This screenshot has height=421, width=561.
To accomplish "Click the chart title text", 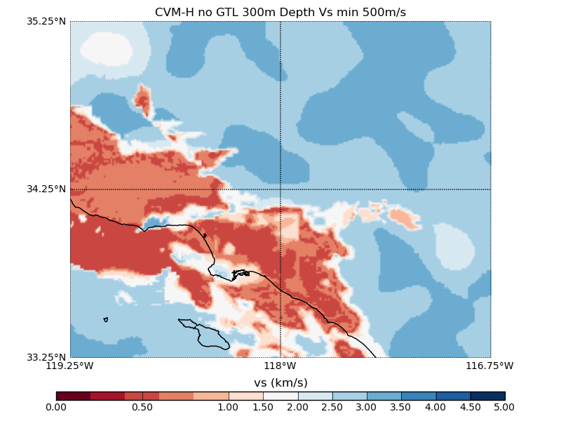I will click(x=280, y=13).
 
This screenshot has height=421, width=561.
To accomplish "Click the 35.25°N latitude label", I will click(x=47, y=21).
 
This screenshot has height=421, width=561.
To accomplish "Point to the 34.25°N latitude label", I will click(x=47, y=189).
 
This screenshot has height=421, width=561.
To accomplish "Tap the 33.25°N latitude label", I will click(x=47, y=357).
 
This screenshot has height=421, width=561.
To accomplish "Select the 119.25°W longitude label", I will click(x=70, y=366).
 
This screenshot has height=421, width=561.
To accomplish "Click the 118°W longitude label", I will click(x=280, y=366).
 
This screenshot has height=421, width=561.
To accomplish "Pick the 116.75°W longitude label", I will click(x=490, y=366).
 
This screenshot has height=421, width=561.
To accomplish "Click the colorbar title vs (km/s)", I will click(x=280, y=382).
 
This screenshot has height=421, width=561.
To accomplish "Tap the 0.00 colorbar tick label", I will click(x=56, y=407).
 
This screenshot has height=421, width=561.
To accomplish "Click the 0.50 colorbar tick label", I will click(x=142, y=407).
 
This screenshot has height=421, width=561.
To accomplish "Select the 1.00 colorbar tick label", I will click(x=229, y=407).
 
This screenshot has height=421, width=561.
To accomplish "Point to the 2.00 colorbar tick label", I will click(x=298, y=407).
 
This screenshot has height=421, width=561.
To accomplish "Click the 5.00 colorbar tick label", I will click(x=504, y=407).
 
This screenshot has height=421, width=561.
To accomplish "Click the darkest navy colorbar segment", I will click(x=487, y=396).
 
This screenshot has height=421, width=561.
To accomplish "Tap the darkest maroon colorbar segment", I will click(x=73, y=396).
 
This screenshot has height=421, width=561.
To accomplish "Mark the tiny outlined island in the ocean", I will click(x=105, y=319).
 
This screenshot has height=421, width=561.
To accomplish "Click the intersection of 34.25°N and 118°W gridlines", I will click(x=280, y=189).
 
